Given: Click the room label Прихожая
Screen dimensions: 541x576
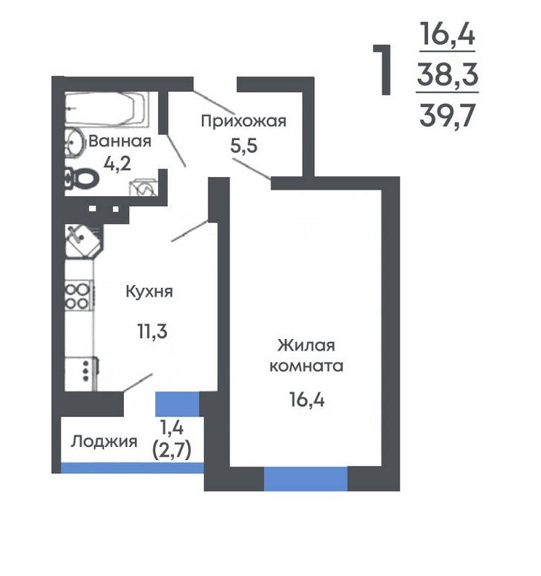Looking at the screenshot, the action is coord(244,121).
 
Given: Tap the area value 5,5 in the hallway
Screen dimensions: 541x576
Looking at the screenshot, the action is coord(244,146).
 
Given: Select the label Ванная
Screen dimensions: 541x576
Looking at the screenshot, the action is coord(120,141).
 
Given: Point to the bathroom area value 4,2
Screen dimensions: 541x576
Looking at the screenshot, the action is coord(117,163).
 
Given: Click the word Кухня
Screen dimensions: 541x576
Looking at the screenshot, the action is coord(149,292).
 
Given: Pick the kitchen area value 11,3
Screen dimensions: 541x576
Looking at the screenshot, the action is coord(152,331).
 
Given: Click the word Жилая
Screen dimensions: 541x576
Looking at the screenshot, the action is coord(306,346).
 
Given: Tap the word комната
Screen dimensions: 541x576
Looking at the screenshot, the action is coord(306,366).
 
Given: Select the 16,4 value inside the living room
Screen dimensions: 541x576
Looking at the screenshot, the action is coord(307,400).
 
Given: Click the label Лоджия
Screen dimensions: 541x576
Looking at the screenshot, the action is coord(104,442).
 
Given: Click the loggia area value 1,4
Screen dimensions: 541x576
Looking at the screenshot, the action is coord(171,427).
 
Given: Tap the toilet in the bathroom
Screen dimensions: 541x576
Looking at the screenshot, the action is coord(82,179).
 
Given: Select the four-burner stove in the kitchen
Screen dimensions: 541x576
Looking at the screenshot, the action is coord(79,296).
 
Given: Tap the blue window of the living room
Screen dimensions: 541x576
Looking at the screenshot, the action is coord(305,479).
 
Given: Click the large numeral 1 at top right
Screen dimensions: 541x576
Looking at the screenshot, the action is coord(383,70).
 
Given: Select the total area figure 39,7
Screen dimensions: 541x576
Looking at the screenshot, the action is coord(448,115).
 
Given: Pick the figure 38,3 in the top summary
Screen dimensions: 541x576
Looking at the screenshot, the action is coord(448,74).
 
